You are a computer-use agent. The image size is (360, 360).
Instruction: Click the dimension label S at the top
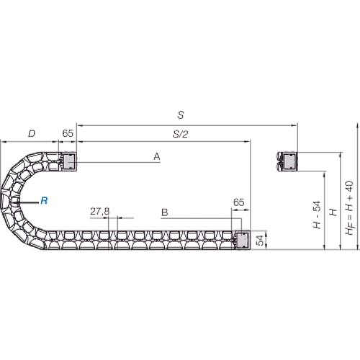181,115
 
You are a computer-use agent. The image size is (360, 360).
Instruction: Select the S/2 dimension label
181,134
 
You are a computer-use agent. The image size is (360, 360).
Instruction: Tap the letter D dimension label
32,133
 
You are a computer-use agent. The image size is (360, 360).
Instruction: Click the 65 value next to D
68,133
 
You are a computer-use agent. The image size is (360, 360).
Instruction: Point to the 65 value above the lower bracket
238,202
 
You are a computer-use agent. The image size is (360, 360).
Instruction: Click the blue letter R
44,200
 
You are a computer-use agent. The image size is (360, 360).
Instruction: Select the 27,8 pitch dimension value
100,212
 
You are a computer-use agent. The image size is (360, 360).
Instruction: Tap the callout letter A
157,156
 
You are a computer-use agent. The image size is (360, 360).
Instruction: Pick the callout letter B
165,212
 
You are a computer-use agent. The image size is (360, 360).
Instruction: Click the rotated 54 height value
260,240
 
